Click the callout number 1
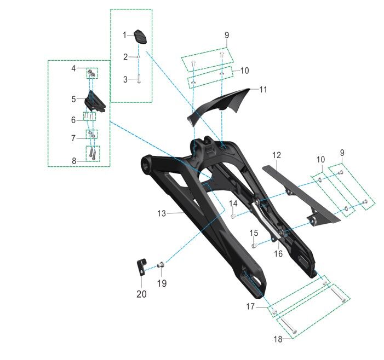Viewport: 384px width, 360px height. pos(125,35)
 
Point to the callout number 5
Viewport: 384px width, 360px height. pos(73,100)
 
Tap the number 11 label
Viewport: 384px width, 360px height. pos(263,89)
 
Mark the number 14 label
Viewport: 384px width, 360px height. pos(233,204)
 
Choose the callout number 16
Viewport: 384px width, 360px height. pos(278,254)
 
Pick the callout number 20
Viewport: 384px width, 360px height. pos(141,294)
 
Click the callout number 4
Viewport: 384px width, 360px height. pos(73,68)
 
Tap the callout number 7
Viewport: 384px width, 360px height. pos(73,138)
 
